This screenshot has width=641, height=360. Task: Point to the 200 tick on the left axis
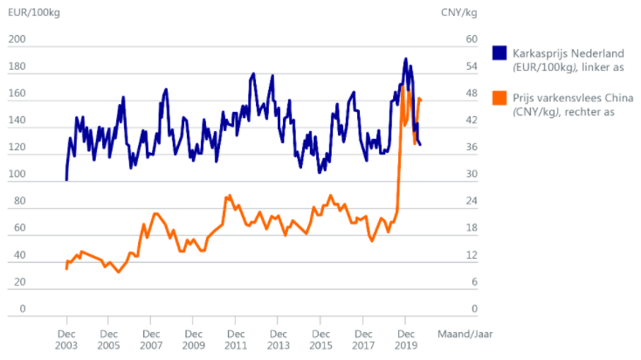click(17, 40)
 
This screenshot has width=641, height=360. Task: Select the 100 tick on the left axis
click(17, 175)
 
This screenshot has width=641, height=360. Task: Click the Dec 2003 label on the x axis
click(67, 339)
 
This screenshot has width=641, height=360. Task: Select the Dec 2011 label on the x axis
click(236, 339)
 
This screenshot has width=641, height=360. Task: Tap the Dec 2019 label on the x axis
click(405, 339)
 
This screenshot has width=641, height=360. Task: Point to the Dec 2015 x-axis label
click(320, 339)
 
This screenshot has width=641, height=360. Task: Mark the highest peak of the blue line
click(406, 59)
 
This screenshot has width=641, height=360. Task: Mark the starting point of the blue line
click(66, 179)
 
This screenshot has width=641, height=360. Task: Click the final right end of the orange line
click(421, 100)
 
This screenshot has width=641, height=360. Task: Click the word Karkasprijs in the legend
click(541, 52)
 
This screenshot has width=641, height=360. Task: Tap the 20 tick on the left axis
click(19, 282)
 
